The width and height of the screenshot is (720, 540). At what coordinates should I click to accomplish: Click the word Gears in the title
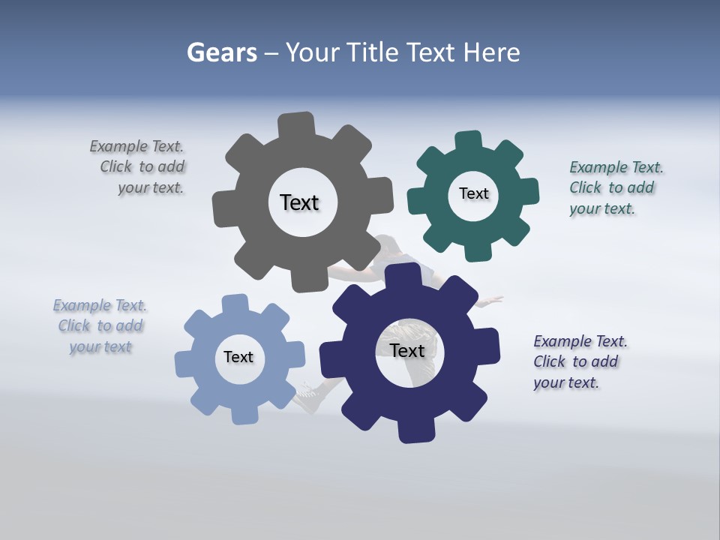pos(221,52)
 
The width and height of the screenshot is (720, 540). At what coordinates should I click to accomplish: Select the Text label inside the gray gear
pos(299,202)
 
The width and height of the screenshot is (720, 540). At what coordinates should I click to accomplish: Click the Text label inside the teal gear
pos(473,193)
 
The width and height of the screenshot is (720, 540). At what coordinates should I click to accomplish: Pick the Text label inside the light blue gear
pos(238,357)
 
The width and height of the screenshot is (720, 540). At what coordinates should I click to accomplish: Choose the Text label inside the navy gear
pos(407,350)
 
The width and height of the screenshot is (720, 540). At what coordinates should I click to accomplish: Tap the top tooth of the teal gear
pos(469,141)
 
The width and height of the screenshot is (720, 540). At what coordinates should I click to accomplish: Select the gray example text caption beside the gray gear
pos(139,167)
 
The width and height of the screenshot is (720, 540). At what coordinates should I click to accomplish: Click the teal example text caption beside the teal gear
pos(615,187)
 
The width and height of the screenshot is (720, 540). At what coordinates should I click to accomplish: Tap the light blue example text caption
pos(100,326)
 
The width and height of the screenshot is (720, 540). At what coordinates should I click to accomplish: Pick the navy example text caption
pos(579,361)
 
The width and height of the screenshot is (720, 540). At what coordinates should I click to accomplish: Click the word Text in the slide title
pos(430,52)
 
